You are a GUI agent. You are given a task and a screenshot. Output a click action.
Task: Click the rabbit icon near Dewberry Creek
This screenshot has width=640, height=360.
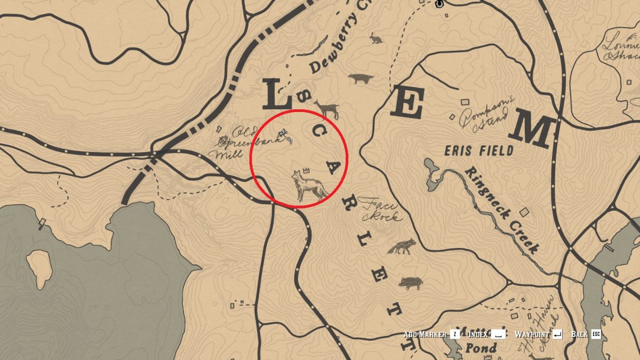(376, 38)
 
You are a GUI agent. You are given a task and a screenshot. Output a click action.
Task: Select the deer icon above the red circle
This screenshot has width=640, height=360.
(327, 109)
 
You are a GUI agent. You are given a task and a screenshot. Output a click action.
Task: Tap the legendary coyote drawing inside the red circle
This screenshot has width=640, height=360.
(308, 186)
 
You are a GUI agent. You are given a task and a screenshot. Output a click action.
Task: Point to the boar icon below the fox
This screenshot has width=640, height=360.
(410, 283)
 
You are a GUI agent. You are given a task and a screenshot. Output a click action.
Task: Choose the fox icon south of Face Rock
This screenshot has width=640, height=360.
(402, 246)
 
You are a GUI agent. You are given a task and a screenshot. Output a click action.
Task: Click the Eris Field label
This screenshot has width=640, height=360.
(479, 151)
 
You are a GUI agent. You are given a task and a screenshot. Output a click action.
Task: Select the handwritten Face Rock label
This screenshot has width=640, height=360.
(380, 209)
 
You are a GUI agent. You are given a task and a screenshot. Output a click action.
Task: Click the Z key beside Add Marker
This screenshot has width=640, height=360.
(455, 334)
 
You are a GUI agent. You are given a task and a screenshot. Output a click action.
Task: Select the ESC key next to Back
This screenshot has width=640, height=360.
(596, 334)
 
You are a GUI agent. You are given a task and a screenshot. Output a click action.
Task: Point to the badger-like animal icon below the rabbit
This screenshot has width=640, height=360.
(361, 79)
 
